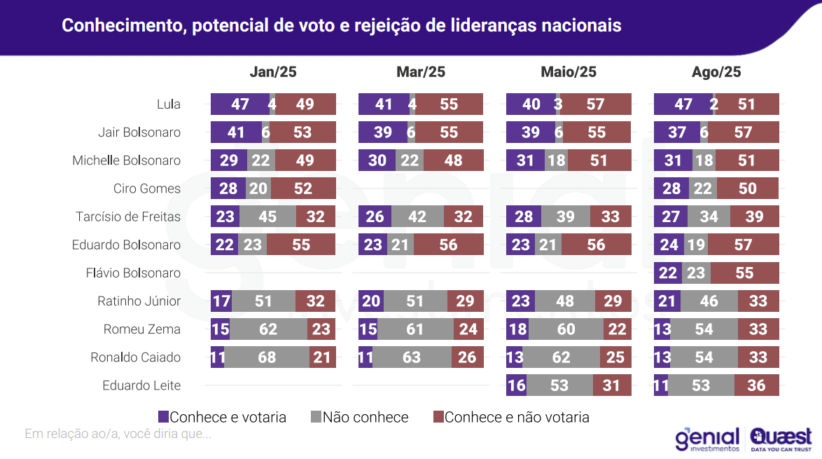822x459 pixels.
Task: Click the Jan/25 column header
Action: point(273,72)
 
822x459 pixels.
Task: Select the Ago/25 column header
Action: point(716,72)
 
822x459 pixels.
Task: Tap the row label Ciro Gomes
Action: point(147,189)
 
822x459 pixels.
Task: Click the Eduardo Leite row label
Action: point(141,385)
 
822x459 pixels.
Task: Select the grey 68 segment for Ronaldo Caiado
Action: point(267,357)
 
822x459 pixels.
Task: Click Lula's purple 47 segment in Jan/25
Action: point(239,104)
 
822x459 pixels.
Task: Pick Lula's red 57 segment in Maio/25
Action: point(595,104)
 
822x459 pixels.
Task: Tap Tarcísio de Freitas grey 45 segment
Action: point(267,217)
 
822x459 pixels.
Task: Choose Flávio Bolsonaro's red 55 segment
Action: point(744,273)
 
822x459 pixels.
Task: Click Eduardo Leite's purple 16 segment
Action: point(516,385)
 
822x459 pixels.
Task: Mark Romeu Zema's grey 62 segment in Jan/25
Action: point(268,329)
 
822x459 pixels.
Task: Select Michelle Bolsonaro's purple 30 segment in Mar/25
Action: point(377,160)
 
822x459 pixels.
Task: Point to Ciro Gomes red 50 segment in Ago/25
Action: point(748,189)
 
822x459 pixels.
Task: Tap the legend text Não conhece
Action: point(365,417)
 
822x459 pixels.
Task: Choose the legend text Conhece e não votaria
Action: point(517,417)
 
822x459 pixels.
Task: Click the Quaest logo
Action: point(780,438)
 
